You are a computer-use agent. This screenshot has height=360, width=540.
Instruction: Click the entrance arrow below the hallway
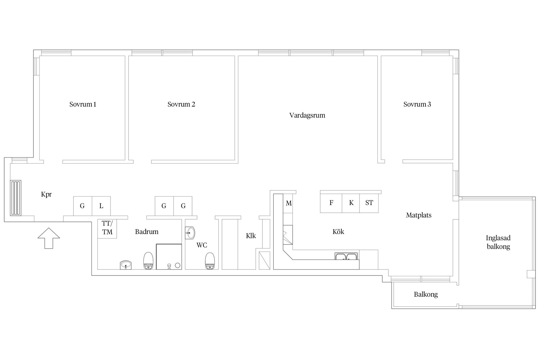click(49, 238)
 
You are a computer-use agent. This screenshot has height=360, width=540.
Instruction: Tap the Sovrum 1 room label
click(83, 104)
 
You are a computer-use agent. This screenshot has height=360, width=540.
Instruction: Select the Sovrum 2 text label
click(181, 104)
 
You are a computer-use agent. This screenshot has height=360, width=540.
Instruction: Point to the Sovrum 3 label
click(417, 104)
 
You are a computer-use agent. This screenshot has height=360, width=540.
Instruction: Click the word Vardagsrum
click(307, 115)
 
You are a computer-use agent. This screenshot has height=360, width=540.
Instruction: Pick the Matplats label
click(418, 215)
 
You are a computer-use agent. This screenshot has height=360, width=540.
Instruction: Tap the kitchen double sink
click(346, 256)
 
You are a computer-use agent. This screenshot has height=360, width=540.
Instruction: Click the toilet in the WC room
click(210, 261)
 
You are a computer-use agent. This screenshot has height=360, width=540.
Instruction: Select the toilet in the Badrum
click(148, 261)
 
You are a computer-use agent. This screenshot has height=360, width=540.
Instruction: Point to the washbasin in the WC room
click(190, 233)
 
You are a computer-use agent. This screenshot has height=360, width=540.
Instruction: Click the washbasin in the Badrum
click(125, 265)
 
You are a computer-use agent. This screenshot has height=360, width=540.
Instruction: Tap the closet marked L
click(101, 206)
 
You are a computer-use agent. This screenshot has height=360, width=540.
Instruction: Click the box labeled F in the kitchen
click(331, 203)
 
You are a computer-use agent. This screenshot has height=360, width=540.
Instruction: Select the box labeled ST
click(369, 203)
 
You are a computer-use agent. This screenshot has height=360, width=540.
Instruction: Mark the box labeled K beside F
click(351, 203)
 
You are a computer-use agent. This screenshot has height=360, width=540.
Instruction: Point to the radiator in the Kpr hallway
click(15, 198)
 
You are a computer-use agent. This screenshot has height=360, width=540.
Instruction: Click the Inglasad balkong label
click(498, 242)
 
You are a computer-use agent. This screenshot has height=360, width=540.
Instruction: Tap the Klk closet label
click(251, 236)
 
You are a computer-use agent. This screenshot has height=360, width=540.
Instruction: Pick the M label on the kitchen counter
click(289, 203)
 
